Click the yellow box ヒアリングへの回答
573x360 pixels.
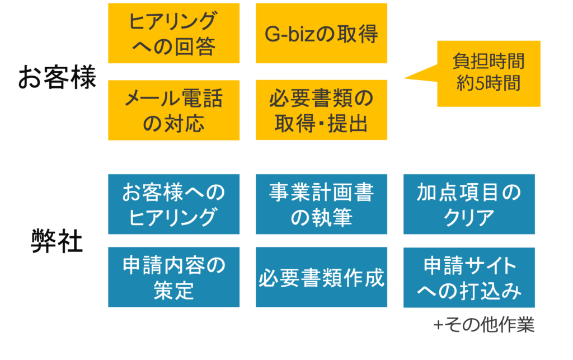click(x=173, y=33)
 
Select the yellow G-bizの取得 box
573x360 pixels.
click(x=321, y=33)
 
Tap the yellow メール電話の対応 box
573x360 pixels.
click(x=173, y=110)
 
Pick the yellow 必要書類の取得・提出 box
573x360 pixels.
click(x=321, y=110)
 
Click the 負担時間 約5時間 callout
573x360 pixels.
click(x=489, y=73)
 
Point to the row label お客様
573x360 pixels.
click(x=57, y=79)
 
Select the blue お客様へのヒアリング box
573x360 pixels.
click(x=173, y=204)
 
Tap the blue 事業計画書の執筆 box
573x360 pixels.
click(x=321, y=204)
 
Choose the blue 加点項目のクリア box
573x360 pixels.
click(x=469, y=204)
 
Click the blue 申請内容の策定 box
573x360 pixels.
click(x=173, y=277)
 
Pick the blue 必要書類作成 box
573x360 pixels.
click(x=321, y=277)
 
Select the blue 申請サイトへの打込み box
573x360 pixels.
click(x=469, y=277)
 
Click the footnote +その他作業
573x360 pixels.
click(x=484, y=325)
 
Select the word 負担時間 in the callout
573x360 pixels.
click(x=489, y=62)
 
